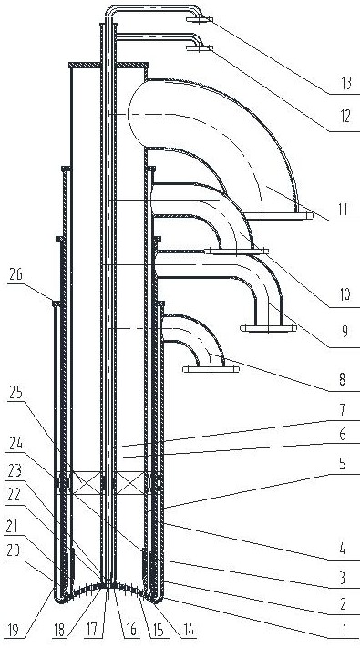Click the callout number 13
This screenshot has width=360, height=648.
point(344,84)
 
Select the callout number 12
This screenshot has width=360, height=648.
point(344,117)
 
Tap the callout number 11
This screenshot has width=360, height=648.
point(343,209)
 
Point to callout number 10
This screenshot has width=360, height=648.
point(344,295)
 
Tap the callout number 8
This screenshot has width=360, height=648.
point(344,379)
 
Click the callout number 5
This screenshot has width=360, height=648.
point(344,465)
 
